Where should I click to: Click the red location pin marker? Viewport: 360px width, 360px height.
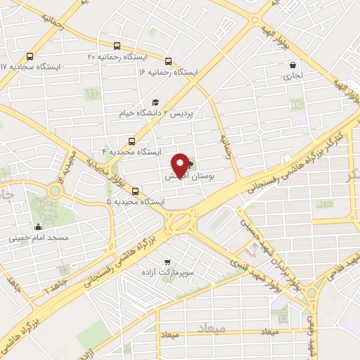pos(181,165)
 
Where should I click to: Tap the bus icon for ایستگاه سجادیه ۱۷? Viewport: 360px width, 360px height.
pos(30,56)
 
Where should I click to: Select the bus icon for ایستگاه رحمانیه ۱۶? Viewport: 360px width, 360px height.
pos(169,61)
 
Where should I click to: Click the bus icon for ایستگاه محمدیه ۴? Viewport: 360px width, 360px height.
pos(131,141)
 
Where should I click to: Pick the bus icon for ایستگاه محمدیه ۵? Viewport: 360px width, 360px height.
pos(135,191)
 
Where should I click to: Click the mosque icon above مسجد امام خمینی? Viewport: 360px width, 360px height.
pos(38,227)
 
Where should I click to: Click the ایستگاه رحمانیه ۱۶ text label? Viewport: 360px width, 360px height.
pos(169,72)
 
